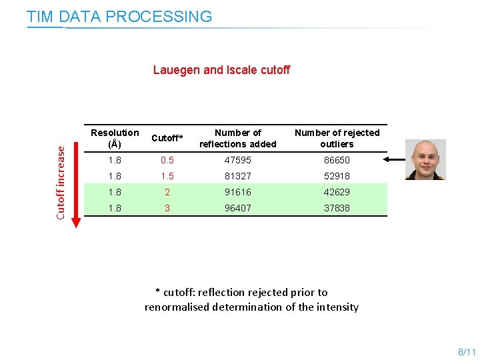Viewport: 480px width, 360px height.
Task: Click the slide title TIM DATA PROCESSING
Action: (119, 17)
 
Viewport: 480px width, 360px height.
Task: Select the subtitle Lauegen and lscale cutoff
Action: (221, 70)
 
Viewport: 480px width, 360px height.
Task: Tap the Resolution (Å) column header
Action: (115, 138)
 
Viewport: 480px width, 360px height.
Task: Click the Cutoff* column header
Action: (167, 138)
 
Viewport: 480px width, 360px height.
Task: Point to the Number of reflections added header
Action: (238, 138)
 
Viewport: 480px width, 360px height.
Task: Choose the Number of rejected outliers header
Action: (337, 138)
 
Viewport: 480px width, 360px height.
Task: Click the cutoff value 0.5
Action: (167, 160)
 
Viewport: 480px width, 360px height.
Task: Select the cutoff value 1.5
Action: (167, 176)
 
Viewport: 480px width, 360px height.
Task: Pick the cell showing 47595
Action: (238, 160)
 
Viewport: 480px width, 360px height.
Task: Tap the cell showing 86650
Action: (337, 160)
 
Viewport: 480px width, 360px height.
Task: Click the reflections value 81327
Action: (238, 176)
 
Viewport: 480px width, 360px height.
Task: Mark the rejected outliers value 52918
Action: (337, 176)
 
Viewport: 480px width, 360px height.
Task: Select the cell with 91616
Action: (238, 192)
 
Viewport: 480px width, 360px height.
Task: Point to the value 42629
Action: (337, 192)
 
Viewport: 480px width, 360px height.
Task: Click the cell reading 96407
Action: (238, 208)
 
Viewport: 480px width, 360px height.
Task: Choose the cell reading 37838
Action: (337, 208)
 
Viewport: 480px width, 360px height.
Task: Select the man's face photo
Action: (425, 159)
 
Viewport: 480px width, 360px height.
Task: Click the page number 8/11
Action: (467, 351)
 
